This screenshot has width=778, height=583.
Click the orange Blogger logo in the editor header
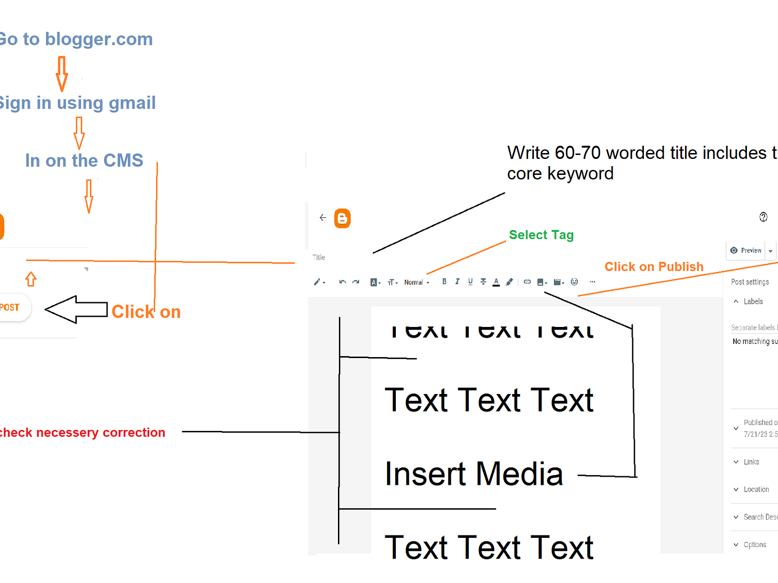[342, 219]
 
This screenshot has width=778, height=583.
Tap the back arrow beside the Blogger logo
[323, 218]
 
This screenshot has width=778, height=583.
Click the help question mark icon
[763, 217]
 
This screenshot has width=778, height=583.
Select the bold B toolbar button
[444, 282]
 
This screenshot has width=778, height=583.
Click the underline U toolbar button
[470, 282]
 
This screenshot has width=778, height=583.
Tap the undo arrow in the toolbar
[342, 282]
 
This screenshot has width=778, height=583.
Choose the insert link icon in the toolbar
[527, 282]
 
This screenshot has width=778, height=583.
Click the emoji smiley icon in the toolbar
[574, 282]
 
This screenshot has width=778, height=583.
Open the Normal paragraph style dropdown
[417, 282]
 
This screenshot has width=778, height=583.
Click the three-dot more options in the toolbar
[592, 282]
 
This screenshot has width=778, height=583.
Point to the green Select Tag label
[541, 235]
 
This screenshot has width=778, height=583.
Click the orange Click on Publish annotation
[654, 267]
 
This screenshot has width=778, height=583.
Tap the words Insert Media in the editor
[474, 474]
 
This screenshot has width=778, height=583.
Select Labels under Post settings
[753, 301]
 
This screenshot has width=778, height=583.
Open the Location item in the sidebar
[756, 489]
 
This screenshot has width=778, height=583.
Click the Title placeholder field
[319, 257]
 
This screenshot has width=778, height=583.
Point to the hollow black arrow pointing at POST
[76, 309]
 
